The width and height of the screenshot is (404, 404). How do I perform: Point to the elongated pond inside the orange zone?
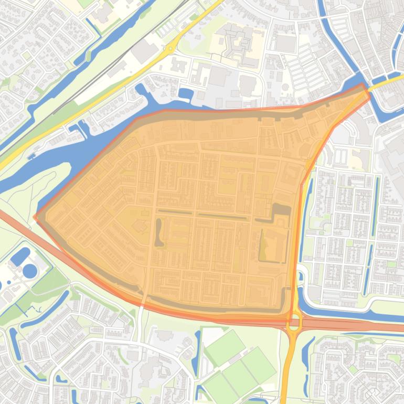158,232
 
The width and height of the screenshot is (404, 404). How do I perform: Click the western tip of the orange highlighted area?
36,216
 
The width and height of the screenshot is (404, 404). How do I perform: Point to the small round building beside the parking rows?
285,87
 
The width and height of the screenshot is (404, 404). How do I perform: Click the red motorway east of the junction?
357,326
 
